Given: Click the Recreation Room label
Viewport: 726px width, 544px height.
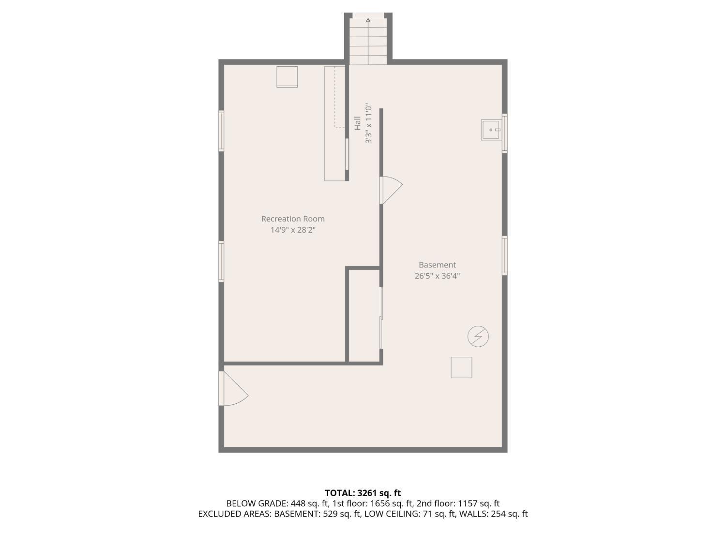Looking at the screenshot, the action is click(293, 219).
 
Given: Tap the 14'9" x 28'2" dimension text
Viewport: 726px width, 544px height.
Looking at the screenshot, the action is click(293, 230).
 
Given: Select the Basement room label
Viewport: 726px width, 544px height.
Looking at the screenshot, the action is click(437, 265).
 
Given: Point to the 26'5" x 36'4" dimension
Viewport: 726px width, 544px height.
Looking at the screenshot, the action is click(437, 276).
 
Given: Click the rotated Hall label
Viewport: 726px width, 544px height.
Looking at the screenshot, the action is click(358, 123).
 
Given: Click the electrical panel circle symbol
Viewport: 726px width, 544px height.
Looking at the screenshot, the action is click(478, 336).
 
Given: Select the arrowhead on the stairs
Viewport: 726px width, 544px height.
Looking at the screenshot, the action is click(368, 20).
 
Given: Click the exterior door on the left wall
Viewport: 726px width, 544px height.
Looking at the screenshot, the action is click(233, 388).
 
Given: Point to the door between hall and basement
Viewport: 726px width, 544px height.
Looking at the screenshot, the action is click(391, 190).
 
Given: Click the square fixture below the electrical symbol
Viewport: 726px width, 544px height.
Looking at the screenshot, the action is click(461, 368).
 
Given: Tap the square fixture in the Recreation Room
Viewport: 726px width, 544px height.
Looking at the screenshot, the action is click(287, 77).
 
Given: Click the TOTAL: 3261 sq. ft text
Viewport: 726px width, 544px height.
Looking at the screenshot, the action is click(363, 493).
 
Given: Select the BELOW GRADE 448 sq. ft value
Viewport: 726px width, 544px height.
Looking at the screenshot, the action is click(310, 503).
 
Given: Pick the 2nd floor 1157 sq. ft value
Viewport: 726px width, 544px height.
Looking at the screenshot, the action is click(479, 503).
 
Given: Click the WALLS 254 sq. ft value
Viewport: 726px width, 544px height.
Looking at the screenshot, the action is click(509, 514).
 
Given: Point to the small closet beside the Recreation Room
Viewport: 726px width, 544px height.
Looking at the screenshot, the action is click(364, 315).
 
